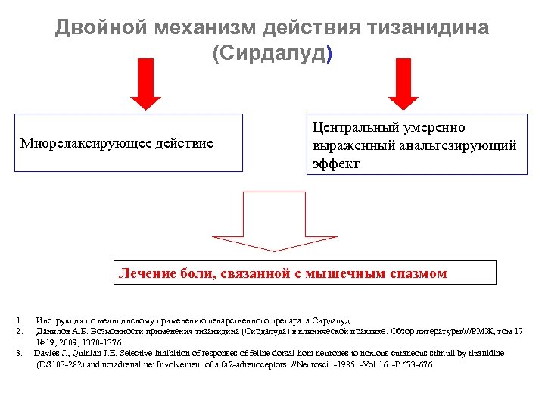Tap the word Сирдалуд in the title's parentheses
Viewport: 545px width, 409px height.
click(272, 55)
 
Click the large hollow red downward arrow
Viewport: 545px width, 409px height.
click(272, 220)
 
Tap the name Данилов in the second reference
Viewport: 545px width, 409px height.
click(53, 331)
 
